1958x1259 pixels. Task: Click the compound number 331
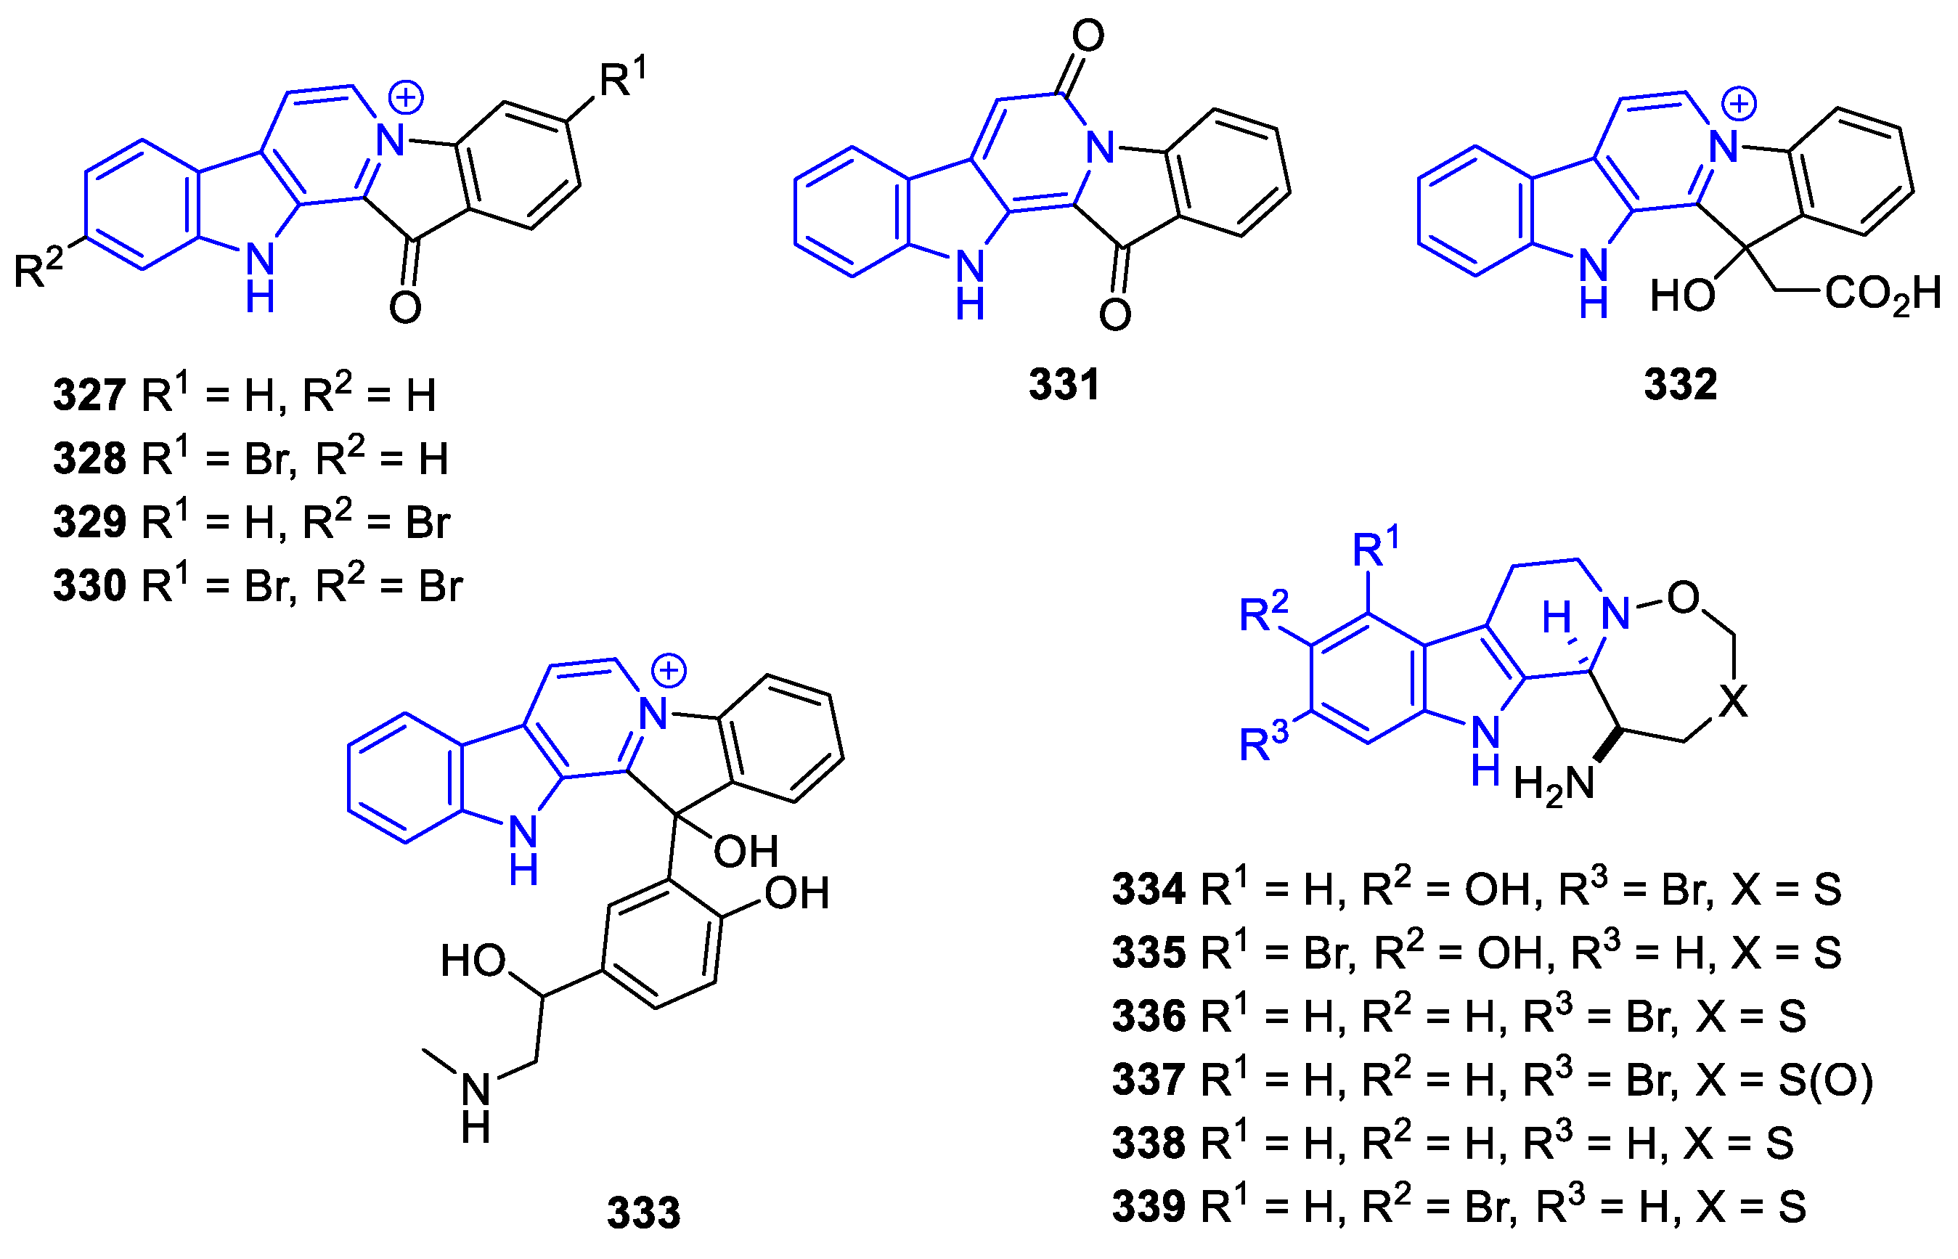(x=1064, y=383)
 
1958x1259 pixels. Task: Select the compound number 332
(x=1681, y=383)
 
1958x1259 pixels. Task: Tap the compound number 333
(x=643, y=1213)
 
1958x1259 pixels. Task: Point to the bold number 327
(x=89, y=395)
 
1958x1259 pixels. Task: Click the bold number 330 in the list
(x=89, y=585)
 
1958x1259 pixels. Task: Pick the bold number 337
(x=1149, y=1079)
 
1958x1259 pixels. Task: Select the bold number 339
(x=1149, y=1206)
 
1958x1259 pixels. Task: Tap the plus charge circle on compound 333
(x=669, y=671)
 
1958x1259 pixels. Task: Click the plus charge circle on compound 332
(x=1738, y=104)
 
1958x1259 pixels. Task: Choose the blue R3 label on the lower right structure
(x=1263, y=741)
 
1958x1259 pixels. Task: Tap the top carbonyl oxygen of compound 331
(x=1088, y=36)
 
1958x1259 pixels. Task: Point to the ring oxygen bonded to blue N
(x=1683, y=598)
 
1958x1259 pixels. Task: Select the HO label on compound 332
(x=1682, y=295)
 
